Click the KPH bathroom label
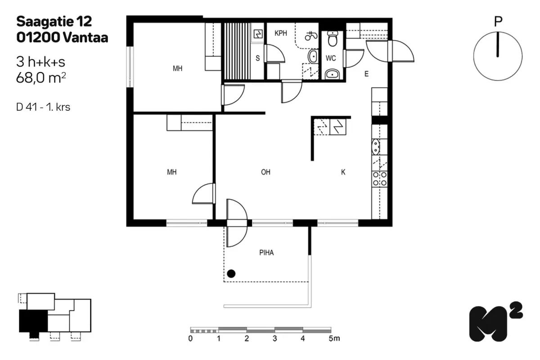pyautogui.click(x=281, y=33)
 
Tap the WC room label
pyautogui.click(x=330, y=58)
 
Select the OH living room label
pyautogui.click(x=265, y=172)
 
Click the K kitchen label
pyautogui.click(x=343, y=172)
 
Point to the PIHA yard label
pyautogui.click(x=266, y=252)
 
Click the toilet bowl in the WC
pyautogui.click(x=333, y=39)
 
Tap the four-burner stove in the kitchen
pyautogui.click(x=380, y=179)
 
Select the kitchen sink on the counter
pyautogui.click(x=376, y=147)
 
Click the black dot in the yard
pyautogui.click(x=231, y=274)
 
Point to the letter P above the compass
pyautogui.click(x=498, y=22)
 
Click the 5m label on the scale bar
pyautogui.click(x=334, y=338)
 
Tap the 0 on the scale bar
pyautogui.click(x=190, y=338)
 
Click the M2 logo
pyautogui.click(x=495, y=322)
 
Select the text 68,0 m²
pyautogui.click(x=41, y=77)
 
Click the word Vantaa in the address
pyautogui.click(x=85, y=38)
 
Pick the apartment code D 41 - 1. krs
pyautogui.click(x=43, y=107)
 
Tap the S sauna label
pyautogui.click(x=258, y=58)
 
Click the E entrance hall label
pyautogui.click(x=366, y=74)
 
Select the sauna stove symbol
pyautogui.click(x=258, y=34)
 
